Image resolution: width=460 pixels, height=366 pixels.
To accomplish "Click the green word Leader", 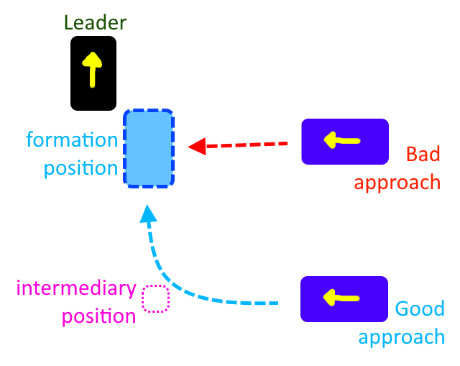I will click(x=95, y=22).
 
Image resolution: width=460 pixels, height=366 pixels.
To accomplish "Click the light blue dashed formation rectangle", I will click(x=149, y=148).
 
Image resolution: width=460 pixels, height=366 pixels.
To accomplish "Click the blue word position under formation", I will click(x=80, y=169).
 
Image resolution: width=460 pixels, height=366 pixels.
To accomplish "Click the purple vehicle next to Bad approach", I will click(x=344, y=142).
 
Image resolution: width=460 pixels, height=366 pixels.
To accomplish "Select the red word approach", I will click(x=397, y=183).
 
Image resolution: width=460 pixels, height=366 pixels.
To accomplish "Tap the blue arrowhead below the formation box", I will click(x=148, y=214).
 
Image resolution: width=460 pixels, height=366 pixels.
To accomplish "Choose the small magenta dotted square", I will click(x=155, y=298).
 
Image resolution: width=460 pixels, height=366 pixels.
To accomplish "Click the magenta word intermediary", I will click(x=76, y=288).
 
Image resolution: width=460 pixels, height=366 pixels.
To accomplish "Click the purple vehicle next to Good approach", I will click(x=344, y=298).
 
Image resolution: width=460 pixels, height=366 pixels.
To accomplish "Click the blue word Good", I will click(x=420, y=309).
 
